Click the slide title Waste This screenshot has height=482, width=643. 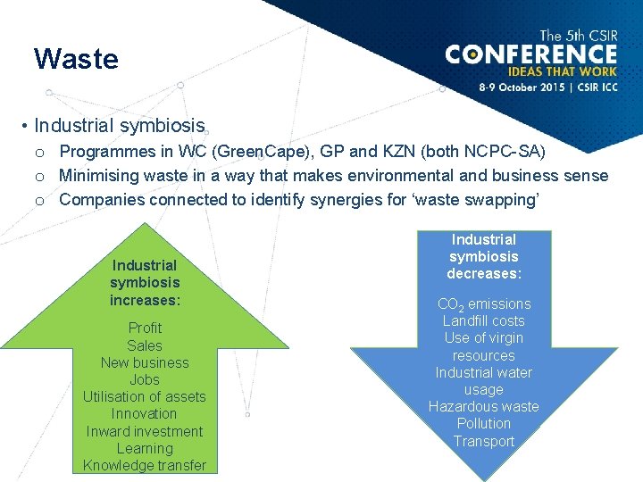pos(76,59)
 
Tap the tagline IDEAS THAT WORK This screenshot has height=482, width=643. pos(562,71)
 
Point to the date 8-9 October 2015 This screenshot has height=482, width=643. pos(519,87)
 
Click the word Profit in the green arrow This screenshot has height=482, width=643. pos(145,328)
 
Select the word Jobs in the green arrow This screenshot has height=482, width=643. pos(145,379)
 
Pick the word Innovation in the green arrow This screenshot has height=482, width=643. pos(145,413)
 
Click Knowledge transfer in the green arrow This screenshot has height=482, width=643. pos(145,465)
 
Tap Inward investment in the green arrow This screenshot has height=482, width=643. pos(145,431)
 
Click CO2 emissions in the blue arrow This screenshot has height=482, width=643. pos(483,304)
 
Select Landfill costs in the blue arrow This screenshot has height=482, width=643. pos(483,320)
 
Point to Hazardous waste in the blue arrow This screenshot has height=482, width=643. pos(483,406)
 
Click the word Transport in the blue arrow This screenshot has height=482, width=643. pos(483,441)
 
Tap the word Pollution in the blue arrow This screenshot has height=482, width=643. pos(483,423)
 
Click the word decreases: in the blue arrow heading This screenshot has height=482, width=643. pos(483,273)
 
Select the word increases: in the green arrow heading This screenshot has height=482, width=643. pos(145,299)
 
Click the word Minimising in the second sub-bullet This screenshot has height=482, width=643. pos(99,176)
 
